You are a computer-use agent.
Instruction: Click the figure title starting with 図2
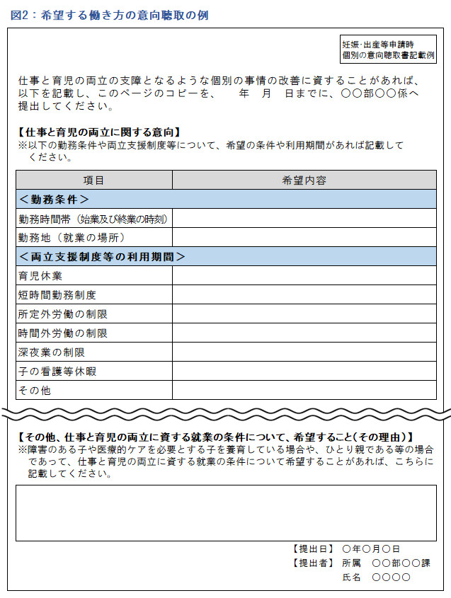(x=110, y=15)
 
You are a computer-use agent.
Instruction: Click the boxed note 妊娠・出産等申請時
(x=388, y=49)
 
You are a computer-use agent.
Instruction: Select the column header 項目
(x=93, y=180)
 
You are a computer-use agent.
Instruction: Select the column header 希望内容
(x=304, y=180)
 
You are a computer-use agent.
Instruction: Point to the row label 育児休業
(x=40, y=276)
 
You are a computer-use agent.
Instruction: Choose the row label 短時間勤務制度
(x=57, y=295)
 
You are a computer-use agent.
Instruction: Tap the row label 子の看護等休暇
(x=57, y=372)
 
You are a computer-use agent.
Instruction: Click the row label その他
(x=35, y=391)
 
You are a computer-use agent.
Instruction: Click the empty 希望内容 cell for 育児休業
(x=304, y=276)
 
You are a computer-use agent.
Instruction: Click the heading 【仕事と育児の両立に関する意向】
(x=99, y=132)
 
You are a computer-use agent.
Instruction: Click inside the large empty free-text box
(x=226, y=512)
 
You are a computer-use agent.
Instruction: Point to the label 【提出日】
(x=312, y=548)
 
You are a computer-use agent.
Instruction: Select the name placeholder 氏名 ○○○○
(x=376, y=578)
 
